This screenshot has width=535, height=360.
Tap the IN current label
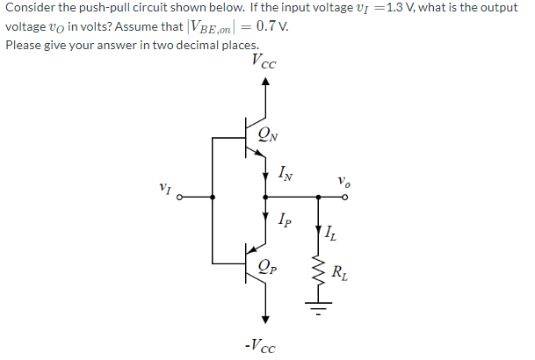(286, 173)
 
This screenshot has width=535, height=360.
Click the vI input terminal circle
(181, 198)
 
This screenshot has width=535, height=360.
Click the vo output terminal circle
(345, 198)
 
